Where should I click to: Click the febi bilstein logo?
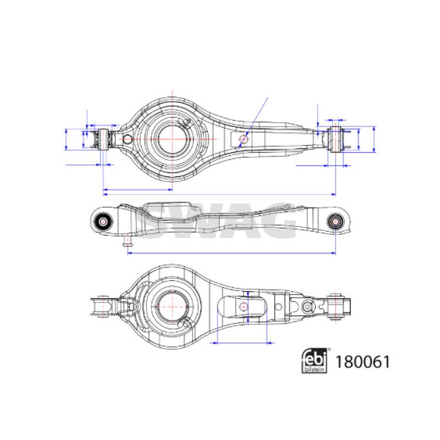(315, 361)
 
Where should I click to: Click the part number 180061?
(362, 362)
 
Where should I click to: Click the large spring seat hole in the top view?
(172, 139)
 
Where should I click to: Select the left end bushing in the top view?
(104, 140)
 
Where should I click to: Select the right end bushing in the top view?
(335, 140)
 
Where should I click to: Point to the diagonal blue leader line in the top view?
(253, 122)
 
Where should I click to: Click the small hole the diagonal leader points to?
(243, 139)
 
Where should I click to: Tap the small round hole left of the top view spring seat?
(128, 139)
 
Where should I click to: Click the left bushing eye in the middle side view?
(103, 222)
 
